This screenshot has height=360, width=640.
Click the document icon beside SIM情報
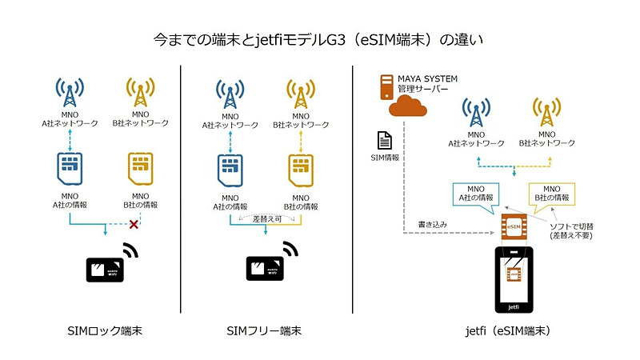coord(384,140)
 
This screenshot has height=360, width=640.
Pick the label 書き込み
coord(434,226)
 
